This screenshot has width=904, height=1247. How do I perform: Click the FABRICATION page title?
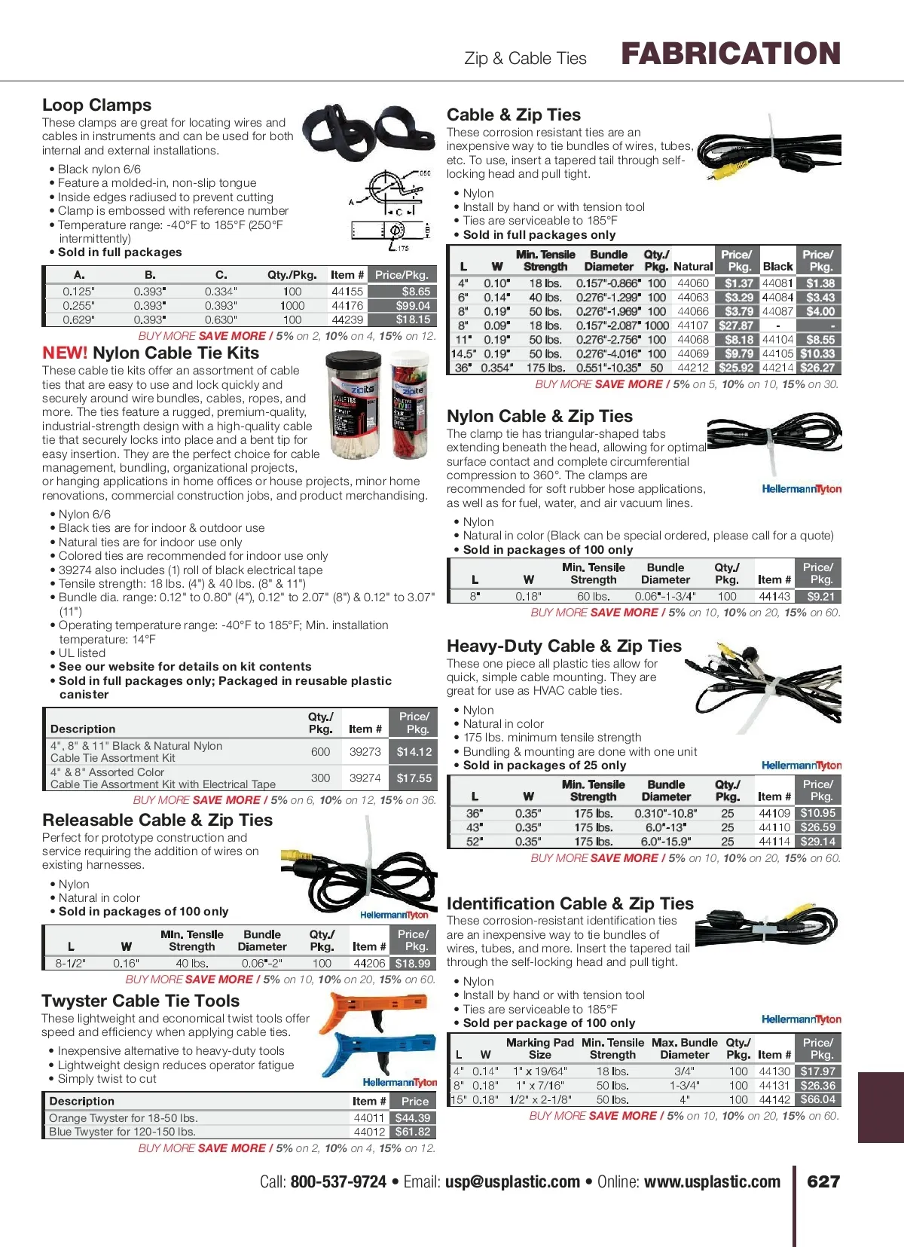coord(730,54)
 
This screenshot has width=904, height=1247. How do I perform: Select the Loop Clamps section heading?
coord(96,105)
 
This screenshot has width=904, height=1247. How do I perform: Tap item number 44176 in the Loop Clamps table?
coord(347,306)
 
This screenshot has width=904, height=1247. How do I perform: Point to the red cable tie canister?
coord(410,408)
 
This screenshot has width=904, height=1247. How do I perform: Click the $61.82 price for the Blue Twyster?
coord(413,1132)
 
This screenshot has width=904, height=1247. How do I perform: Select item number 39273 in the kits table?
coord(365,752)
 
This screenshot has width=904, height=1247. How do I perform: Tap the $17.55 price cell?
coord(414,778)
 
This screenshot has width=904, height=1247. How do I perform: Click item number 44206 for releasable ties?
coord(369,964)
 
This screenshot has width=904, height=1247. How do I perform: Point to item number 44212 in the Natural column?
coord(693,368)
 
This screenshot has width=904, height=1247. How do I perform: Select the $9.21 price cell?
coord(820,597)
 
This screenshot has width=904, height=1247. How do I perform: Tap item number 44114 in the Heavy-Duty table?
coord(774,842)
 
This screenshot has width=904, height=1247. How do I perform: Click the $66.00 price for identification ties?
coord(817,1100)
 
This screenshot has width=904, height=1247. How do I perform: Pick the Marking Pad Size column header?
coord(539,1049)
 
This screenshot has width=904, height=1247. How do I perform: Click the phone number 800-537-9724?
coord(338,1182)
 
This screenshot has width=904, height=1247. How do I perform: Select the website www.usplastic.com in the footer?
coord(712,1182)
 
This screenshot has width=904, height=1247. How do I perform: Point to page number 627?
coord(823,1182)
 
